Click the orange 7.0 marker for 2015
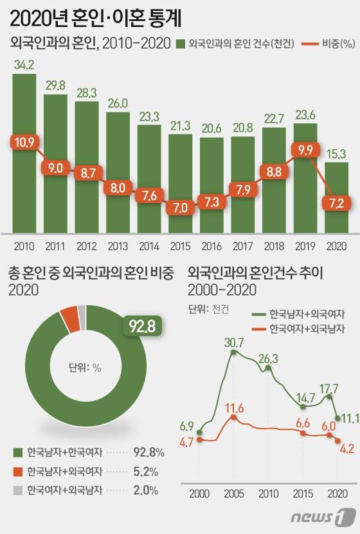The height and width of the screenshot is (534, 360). click(x=181, y=208)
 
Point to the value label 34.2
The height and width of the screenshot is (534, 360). click(x=24, y=64)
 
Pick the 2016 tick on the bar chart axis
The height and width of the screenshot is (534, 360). click(x=212, y=246)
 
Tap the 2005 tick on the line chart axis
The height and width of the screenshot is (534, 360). click(x=233, y=493)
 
